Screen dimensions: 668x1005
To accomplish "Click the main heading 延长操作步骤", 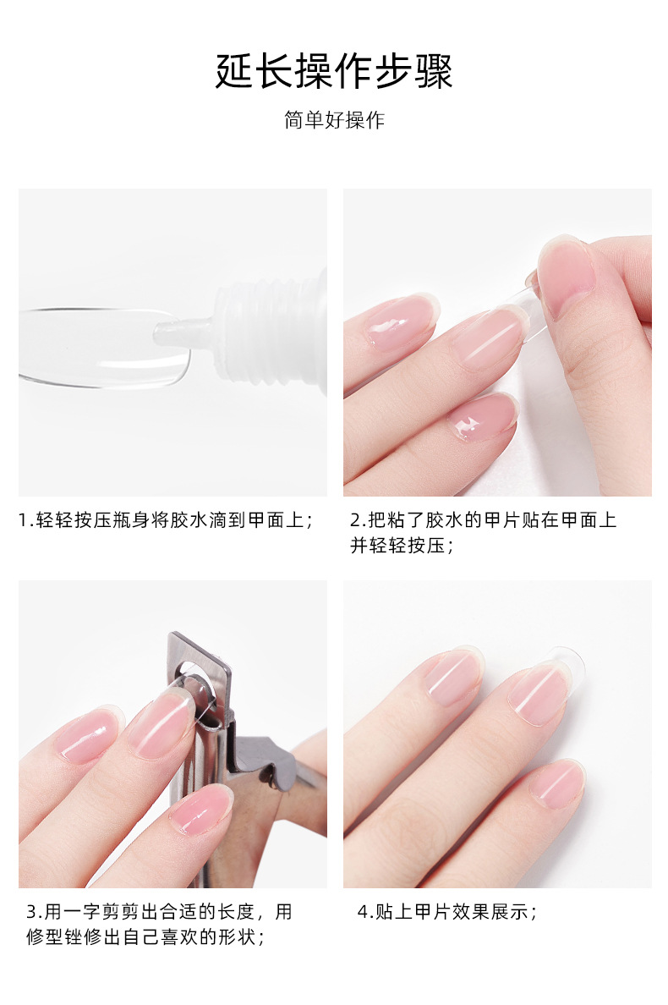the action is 334,70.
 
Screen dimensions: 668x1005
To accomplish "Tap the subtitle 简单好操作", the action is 334,120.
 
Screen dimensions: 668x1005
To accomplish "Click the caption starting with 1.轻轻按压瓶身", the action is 166,519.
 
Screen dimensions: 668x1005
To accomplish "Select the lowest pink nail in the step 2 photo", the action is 482,416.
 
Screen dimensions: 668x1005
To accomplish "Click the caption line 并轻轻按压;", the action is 402,546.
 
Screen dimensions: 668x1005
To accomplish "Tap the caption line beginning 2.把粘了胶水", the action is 484,519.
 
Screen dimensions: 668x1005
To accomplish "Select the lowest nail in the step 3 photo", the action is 202,810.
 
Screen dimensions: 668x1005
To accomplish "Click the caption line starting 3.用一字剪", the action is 160,911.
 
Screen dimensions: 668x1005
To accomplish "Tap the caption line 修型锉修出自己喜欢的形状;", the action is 145,937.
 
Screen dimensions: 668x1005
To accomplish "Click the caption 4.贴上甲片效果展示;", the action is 447,911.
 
